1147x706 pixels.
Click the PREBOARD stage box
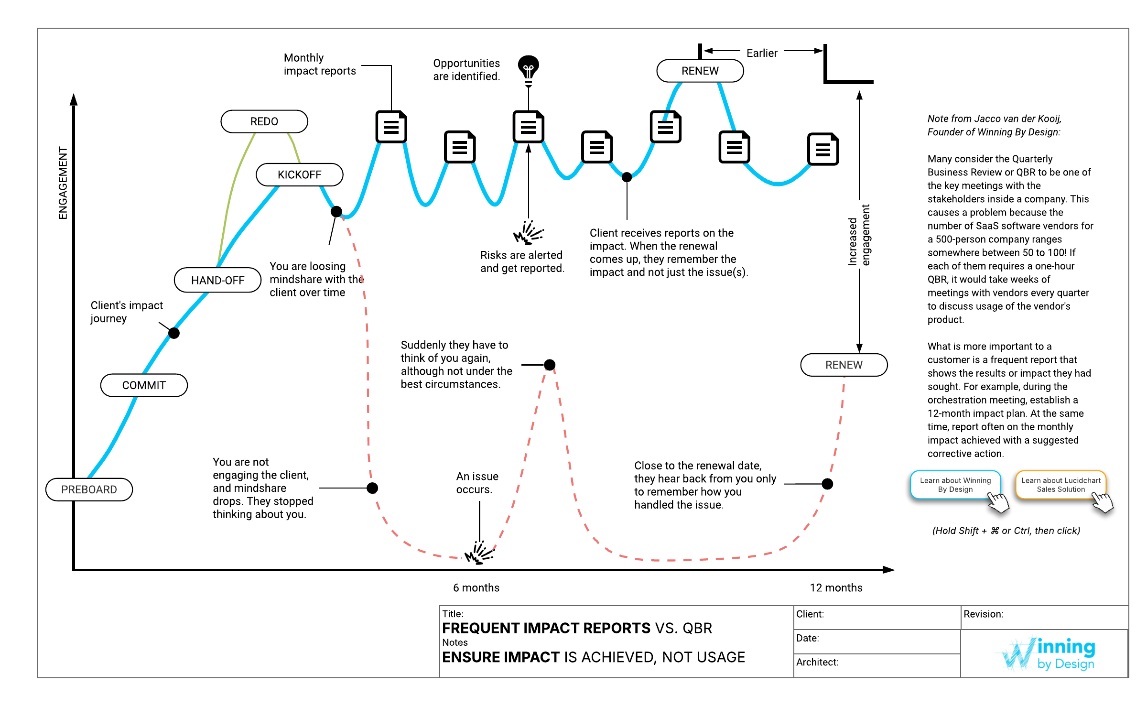point(89,489)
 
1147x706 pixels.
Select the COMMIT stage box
point(144,385)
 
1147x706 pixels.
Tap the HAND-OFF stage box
point(217,280)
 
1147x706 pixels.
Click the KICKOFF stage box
point(300,174)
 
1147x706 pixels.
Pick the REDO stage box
point(264,121)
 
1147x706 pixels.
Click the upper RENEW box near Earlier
point(700,71)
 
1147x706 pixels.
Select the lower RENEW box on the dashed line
point(844,365)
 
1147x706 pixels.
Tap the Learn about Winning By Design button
point(955,485)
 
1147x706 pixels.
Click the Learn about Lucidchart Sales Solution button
point(1060,485)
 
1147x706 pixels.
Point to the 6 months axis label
point(476,587)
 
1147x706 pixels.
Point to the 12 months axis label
point(836,587)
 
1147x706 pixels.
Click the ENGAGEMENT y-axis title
point(63,183)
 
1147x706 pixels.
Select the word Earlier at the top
point(762,53)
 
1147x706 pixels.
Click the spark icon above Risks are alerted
point(528,233)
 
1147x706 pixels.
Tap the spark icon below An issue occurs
point(479,553)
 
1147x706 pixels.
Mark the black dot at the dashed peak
point(550,365)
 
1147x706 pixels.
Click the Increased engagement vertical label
point(859,235)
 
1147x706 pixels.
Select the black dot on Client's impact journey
point(174,333)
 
